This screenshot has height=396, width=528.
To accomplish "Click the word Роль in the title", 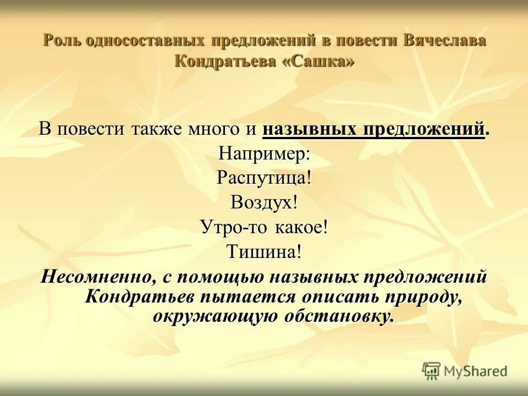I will click(62, 41).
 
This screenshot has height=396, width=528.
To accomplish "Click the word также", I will click(158, 129).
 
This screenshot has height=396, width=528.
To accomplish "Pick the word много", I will click(211, 129).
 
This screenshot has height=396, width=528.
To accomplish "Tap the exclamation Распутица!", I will click(264, 178).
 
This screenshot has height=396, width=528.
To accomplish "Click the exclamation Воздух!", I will click(264, 202).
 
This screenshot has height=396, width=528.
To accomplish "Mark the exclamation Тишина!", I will click(264, 252).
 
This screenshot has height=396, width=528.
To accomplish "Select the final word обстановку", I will click(338, 316).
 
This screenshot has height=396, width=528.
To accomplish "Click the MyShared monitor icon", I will click(432, 371).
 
